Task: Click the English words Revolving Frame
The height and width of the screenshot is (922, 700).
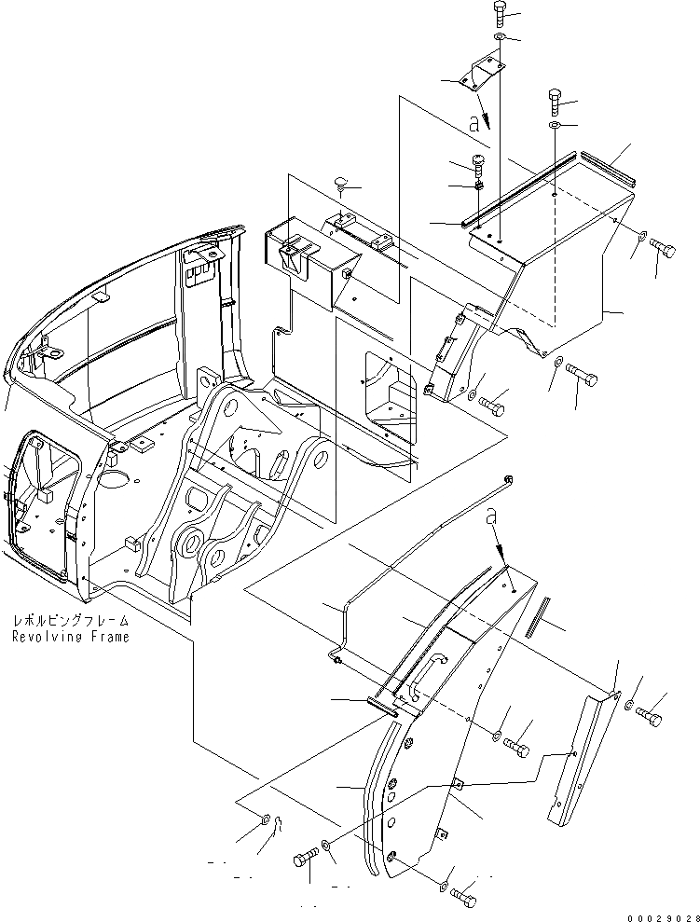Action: [x=72, y=637]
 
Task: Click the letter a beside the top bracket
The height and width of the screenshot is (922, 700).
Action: [x=478, y=121]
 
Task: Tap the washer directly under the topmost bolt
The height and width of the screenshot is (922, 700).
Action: [x=501, y=38]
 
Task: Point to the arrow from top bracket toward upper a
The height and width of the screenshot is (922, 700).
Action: [x=477, y=102]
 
